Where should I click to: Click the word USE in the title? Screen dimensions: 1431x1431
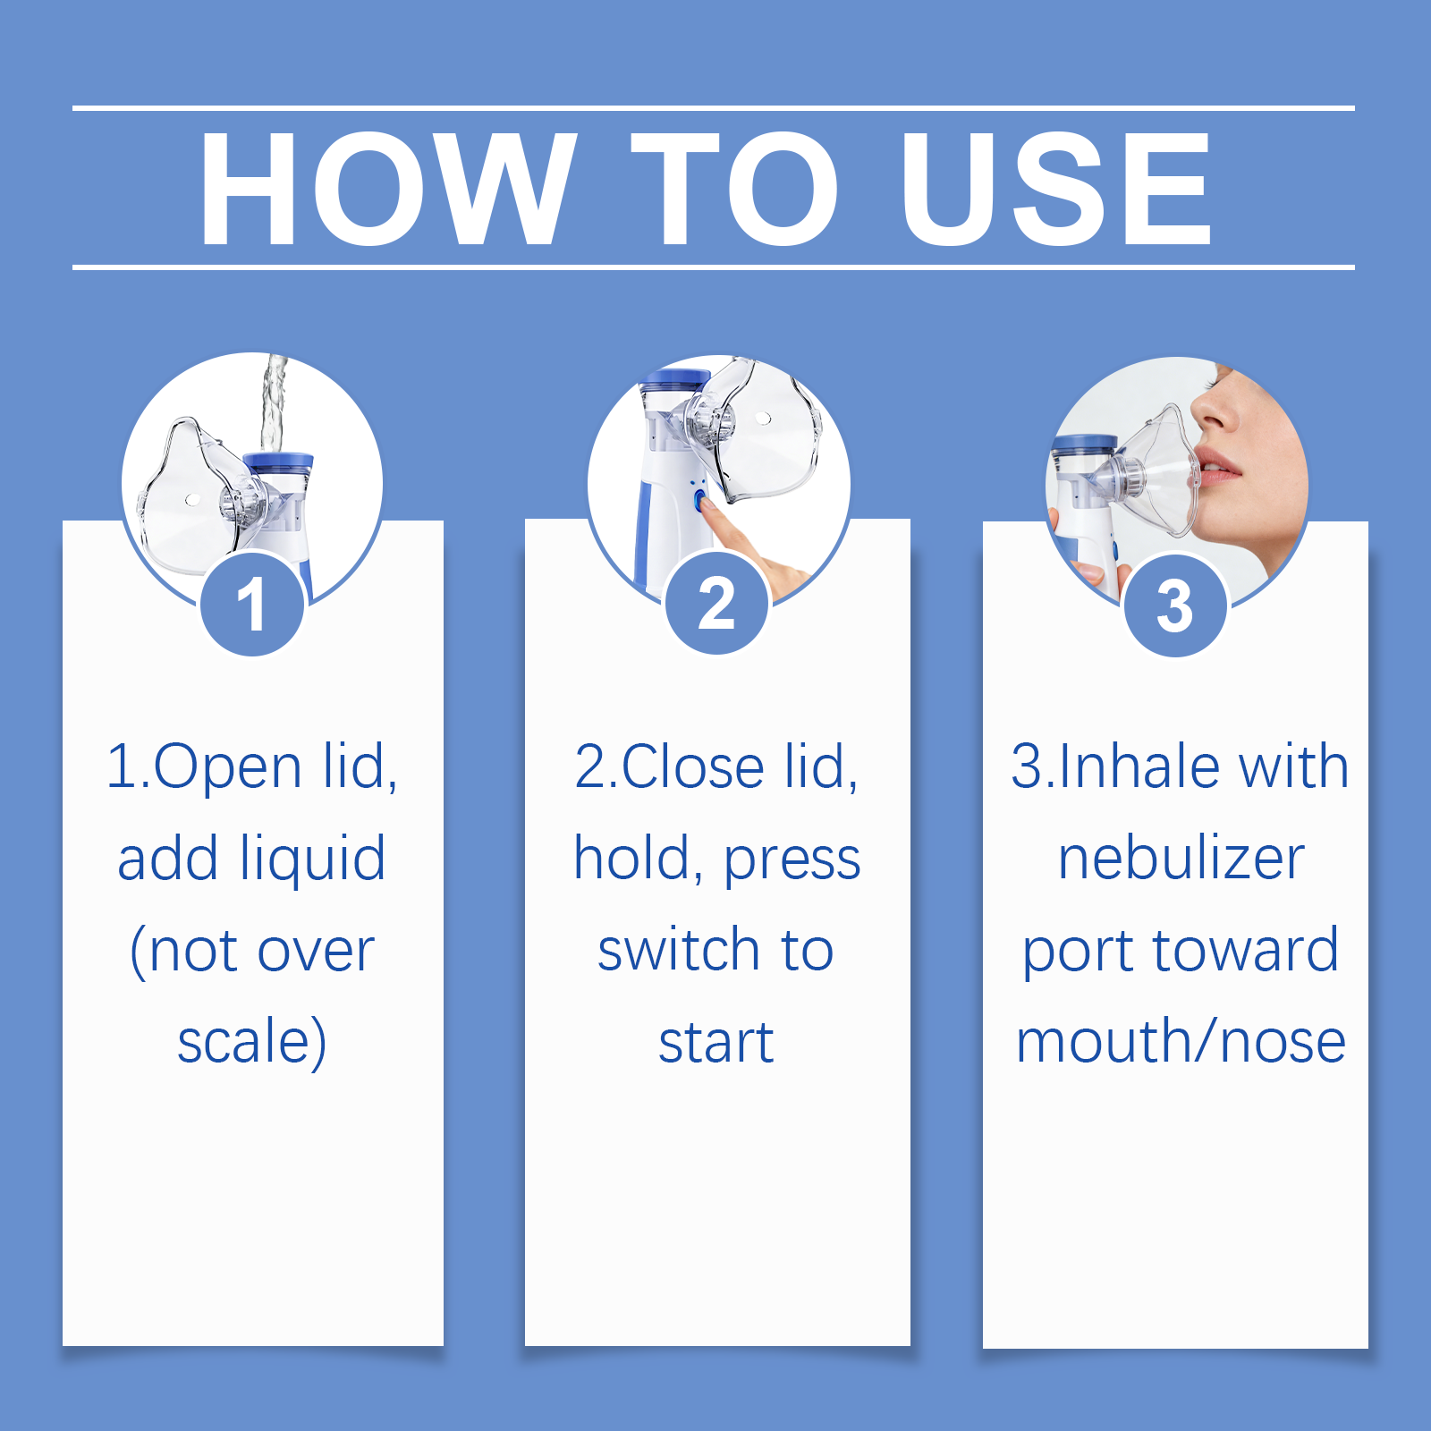click(1056, 188)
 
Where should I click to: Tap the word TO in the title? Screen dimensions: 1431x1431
click(735, 188)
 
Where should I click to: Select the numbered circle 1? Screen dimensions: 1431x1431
click(253, 605)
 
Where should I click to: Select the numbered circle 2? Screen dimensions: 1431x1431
click(717, 604)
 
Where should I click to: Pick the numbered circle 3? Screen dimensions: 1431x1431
click(1175, 605)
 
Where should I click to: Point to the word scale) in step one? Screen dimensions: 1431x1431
click(252, 1042)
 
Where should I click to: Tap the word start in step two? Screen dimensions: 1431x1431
click(716, 1043)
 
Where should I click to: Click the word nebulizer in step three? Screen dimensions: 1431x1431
click(1181, 859)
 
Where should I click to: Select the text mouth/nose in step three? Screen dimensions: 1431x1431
click(1181, 1042)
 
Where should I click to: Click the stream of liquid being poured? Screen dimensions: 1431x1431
click(274, 402)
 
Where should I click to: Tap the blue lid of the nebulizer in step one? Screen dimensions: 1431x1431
click(278, 462)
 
